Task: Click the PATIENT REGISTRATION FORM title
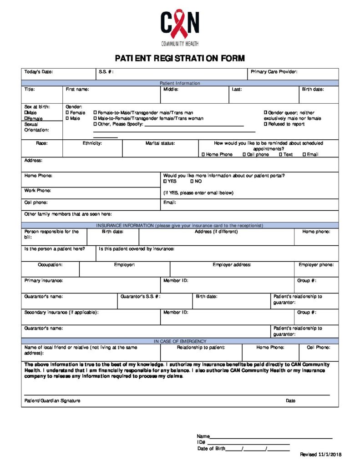pyautogui.click(x=180, y=58)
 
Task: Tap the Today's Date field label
pyautogui.click(x=39, y=72)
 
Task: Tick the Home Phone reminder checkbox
pyautogui.click(x=203, y=155)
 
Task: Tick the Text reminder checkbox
pyautogui.click(x=281, y=155)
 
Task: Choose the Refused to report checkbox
pyautogui.click(x=266, y=124)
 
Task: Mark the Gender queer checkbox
pyautogui.click(x=266, y=113)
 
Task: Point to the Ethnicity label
pyautogui.click(x=92, y=143)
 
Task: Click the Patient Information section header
pyautogui.click(x=180, y=83)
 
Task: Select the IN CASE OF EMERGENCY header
pyautogui.click(x=180, y=341)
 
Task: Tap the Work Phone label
pyautogui.click(x=38, y=191)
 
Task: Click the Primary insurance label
pyautogui.click(x=44, y=281)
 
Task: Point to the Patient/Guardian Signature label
pyautogui.click(x=52, y=401)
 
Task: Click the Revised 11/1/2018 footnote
pyautogui.click(x=320, y=455)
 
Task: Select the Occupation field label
pyautogui.click(x=50, y=265)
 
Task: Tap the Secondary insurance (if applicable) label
pyautogui.click(x=61, y=313)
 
